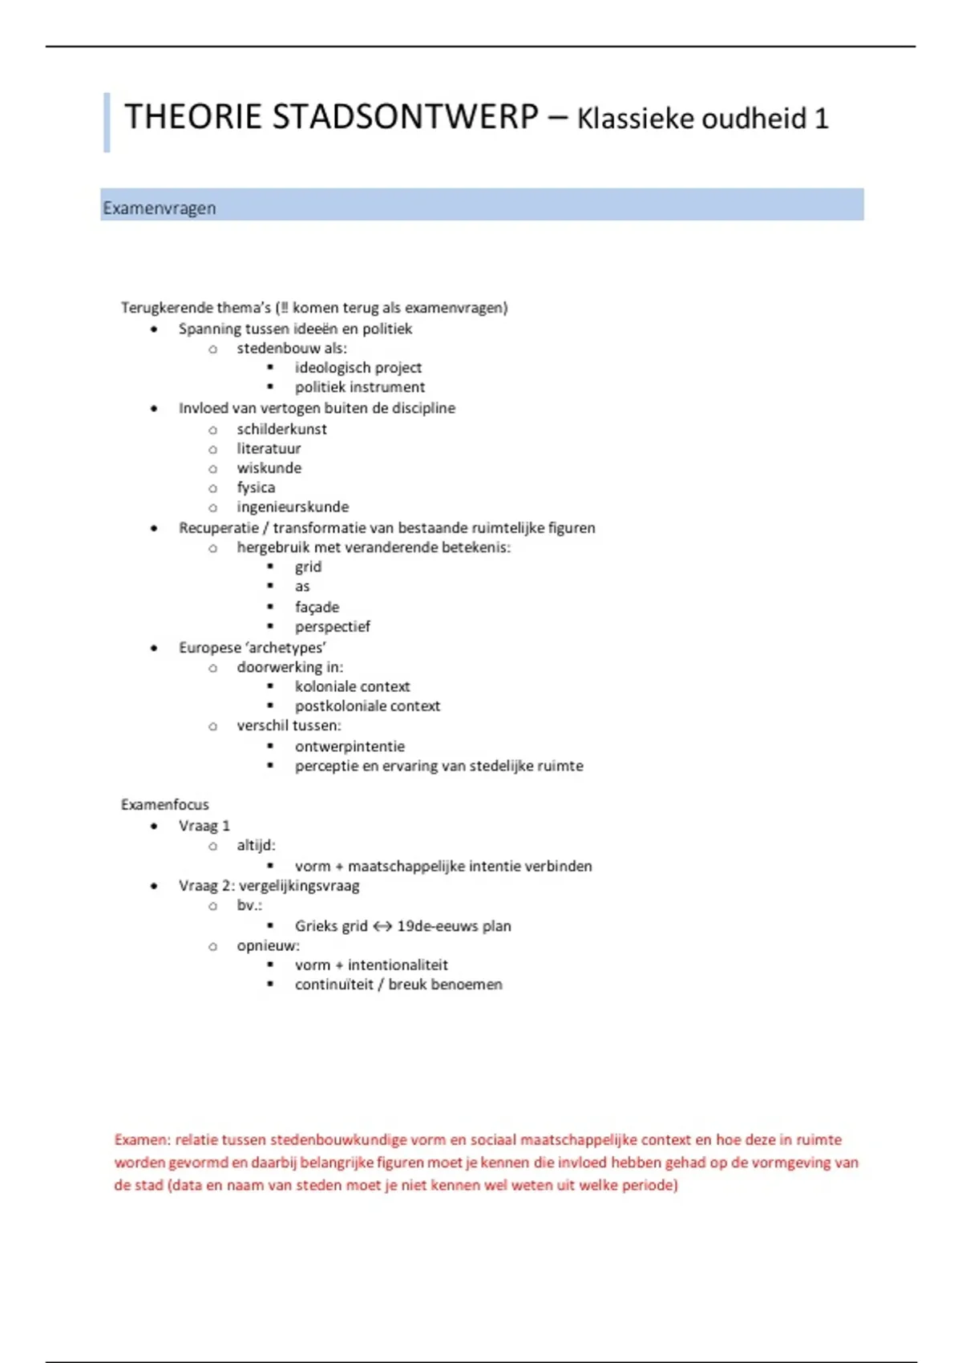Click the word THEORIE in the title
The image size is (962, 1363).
pyautogui.click(x=192, y=117)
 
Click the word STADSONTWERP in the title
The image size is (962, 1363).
pyautogui.click(x=405, y=117)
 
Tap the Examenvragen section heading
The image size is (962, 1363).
pyautogui.click(x=159, y=208)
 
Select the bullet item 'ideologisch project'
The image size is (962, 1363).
pyautogui.click(x=358, y=367)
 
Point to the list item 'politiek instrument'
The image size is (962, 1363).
pyautogui.click(x=359, y=387)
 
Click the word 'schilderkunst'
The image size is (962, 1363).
pyautogui.click(x=281, y=429)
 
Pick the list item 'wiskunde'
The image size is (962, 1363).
pyautogui.click(x=269, y=468)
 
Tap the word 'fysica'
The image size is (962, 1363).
pyautogui.click(x=256, y=487)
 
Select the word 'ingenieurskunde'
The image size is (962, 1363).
pyautogui.click(x=293, y=507)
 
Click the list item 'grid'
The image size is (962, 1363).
pyautogui.click(x=308, y=567)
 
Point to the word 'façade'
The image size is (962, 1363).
pyautogui.click(x=317, y=607)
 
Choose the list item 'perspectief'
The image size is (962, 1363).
pyautogui.click(x=332, y=626)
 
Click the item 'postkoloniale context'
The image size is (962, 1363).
pyautogui.click(x=367, y=706)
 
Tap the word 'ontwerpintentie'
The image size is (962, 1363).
pyautogui.click(x=350, y=746)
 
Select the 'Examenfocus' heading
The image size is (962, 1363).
pyautogui.click(x=164, y=804)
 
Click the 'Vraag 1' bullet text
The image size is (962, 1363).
pyautogui.click(x=204, y=826)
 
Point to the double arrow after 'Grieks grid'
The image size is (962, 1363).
pyautogui.click(x=382, y=926)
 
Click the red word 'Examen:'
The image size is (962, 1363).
pyautogui.click(x=142, y=1140)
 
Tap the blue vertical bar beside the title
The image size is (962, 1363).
pyautogui.click(x=107, y=122)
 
